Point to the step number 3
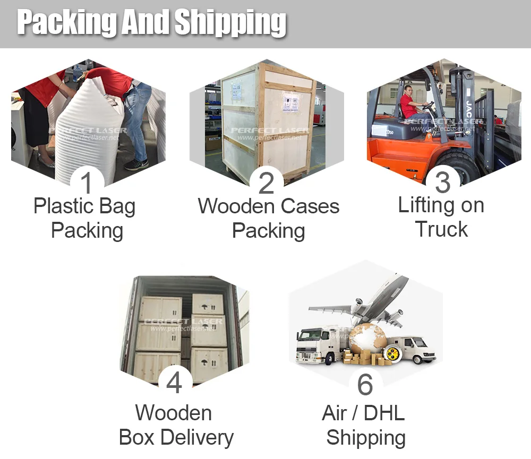(442, 182)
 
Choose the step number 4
(175, 383)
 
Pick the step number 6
(365, 384)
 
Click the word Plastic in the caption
(63, 206)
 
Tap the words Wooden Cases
(269, 206)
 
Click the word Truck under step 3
(441, 230)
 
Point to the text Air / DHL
(363, 413)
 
